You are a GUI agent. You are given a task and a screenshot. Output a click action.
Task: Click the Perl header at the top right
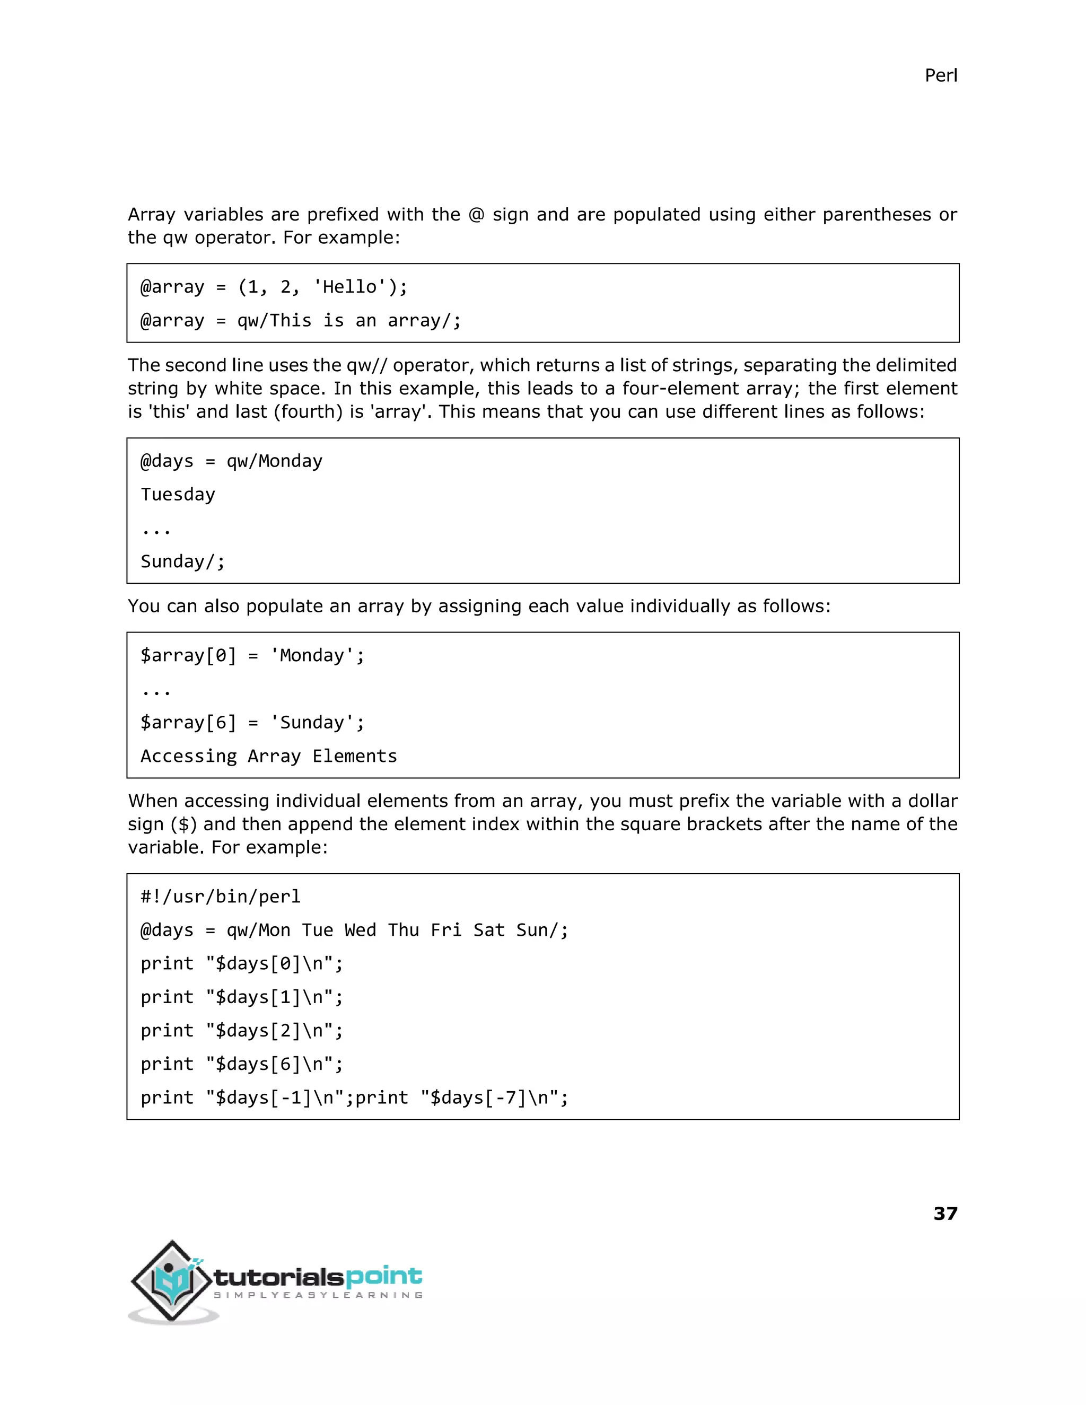coord(941,75)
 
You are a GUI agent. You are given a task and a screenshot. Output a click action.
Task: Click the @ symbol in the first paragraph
coord(476,214)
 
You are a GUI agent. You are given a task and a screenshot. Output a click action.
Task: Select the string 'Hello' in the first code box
coord(349,287)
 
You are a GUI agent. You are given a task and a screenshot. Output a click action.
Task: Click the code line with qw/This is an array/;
coord(301,320)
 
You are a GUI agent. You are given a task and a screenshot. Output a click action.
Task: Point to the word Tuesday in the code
coord(178,494)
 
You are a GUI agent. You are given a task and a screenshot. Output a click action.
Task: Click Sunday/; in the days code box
coord(183,561)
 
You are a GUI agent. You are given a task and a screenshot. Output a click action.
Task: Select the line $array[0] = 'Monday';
coord(252,655)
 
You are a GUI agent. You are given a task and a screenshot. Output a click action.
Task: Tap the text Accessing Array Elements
coord(269,756)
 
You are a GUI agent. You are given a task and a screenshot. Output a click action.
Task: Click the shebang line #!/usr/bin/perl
coord(221,896)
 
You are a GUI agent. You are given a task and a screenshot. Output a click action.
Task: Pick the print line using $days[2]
coord(242,1030)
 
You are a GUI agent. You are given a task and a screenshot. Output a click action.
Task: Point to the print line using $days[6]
coord(242,1064)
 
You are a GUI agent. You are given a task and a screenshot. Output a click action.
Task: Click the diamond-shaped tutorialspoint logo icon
coord(172,1281)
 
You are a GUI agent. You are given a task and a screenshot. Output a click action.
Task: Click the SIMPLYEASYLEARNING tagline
coord(318,1295)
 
